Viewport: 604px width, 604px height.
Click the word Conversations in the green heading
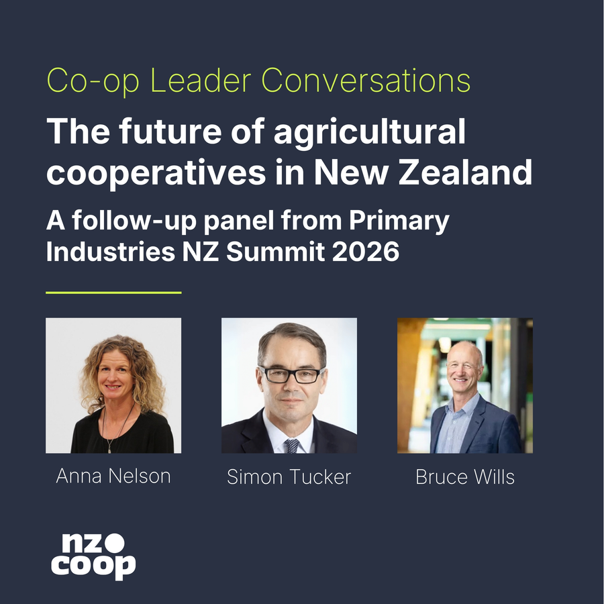(x=366, y=80)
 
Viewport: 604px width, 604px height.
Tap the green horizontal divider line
(x=113, y=293)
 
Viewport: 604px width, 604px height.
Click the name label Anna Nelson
(x=113, y=476)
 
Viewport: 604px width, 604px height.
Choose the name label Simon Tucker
(x=289, y=477)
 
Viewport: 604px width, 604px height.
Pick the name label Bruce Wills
(x=465, y=477)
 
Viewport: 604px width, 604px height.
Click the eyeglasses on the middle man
(x=292, y=374)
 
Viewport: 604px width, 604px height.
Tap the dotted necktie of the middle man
(x=292, y=446)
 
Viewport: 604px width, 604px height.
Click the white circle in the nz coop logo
(x=115, y=543)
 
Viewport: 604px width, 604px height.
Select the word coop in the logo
(x=93, y=566)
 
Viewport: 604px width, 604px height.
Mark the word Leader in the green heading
(x=201, y=80)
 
